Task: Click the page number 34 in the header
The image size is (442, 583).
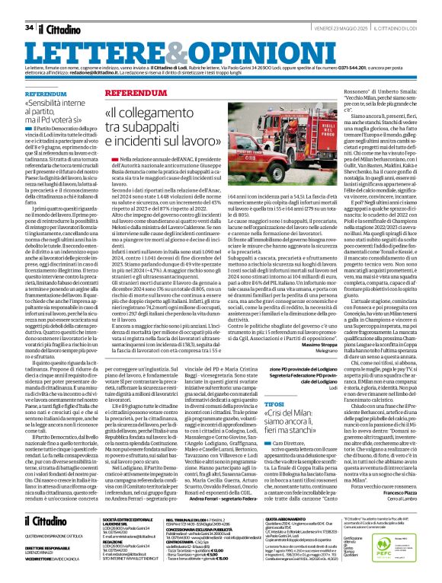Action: tap(29, 27)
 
